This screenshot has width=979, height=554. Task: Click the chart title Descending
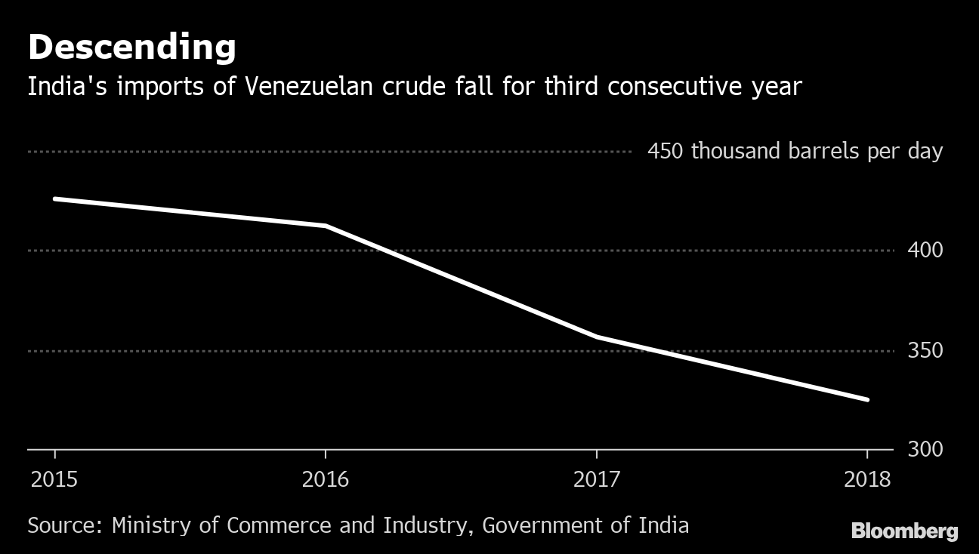click(x=131, y=48)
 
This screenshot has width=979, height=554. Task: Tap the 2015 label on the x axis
click(x=54, y=480)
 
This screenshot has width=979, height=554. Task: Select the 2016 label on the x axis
click(x=325, y=480)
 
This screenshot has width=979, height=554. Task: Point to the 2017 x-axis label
click(x=597, y=480)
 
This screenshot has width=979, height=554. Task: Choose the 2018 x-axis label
click(x=867, y=480)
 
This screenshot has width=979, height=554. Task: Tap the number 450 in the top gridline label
click(x=665, y=152)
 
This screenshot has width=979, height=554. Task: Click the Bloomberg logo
click(x=904, y=531)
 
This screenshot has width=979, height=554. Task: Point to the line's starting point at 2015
click(x=54, y=199)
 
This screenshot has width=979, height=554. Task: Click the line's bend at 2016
click(x=325, y=226)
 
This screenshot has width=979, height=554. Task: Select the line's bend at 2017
click(x=597, y=337)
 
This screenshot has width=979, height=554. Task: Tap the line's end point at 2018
click(x=867, y=399)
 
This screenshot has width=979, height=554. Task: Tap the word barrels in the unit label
click(x=823, y=152)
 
